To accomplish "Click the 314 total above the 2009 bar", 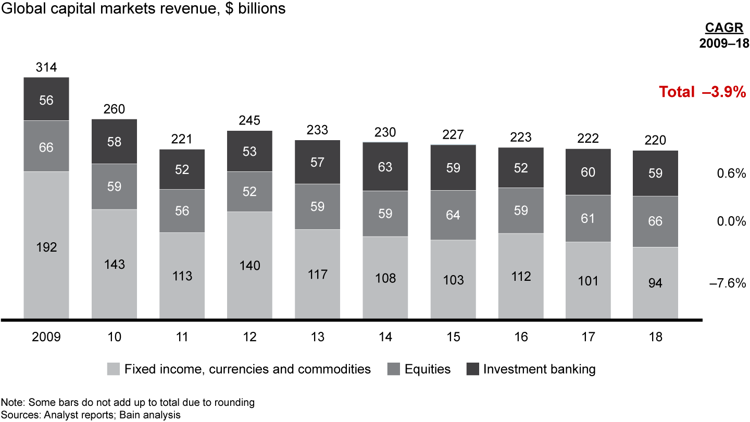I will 46,67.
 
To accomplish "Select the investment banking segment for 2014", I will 385,167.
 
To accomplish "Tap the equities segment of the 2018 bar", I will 655,221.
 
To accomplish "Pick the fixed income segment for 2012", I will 249,265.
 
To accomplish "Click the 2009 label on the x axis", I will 46,337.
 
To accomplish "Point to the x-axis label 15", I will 453,337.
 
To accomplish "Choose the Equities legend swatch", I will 394,369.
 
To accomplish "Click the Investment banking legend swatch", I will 471,369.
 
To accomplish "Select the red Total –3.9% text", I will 703,92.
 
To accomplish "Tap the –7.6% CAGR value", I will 728,283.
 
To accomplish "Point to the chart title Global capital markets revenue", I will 144,9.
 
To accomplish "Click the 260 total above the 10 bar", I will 114,109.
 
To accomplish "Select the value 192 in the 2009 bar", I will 46,247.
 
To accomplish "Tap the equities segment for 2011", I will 182,210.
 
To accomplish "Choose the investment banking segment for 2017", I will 588,172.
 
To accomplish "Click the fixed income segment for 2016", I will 520,276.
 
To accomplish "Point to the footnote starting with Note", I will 128,402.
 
